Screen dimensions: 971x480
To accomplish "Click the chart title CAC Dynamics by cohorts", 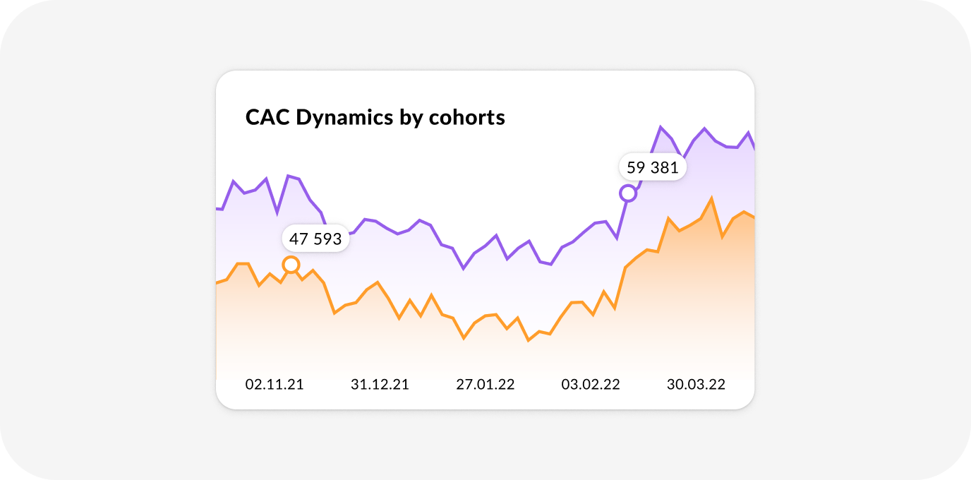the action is point(375,117).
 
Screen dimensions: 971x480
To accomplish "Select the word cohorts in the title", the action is point(467,117).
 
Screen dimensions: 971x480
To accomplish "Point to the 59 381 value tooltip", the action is point(652,167).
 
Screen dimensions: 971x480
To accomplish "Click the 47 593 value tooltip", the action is point(315,239).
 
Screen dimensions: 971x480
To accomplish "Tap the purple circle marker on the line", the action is point(628,193).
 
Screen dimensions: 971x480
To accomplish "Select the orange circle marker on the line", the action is point(291,264).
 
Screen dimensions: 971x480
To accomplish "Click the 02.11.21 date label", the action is point(275,384).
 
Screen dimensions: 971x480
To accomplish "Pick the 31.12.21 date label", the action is point(380,384).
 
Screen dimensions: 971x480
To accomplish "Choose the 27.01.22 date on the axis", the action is point(485,384).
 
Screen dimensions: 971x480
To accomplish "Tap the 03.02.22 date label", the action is point(591,384).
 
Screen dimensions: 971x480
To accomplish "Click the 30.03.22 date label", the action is point(696,384).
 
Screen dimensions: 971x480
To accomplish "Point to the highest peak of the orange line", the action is point(711,198).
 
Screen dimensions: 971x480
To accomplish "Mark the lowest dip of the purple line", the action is point(464,269).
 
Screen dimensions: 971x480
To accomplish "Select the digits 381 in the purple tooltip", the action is point(665,167).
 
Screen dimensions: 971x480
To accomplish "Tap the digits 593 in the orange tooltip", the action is point(327,239).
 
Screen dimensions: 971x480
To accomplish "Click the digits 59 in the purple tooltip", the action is point(636,167).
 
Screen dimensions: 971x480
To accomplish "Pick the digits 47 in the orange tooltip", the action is point(298,239).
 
